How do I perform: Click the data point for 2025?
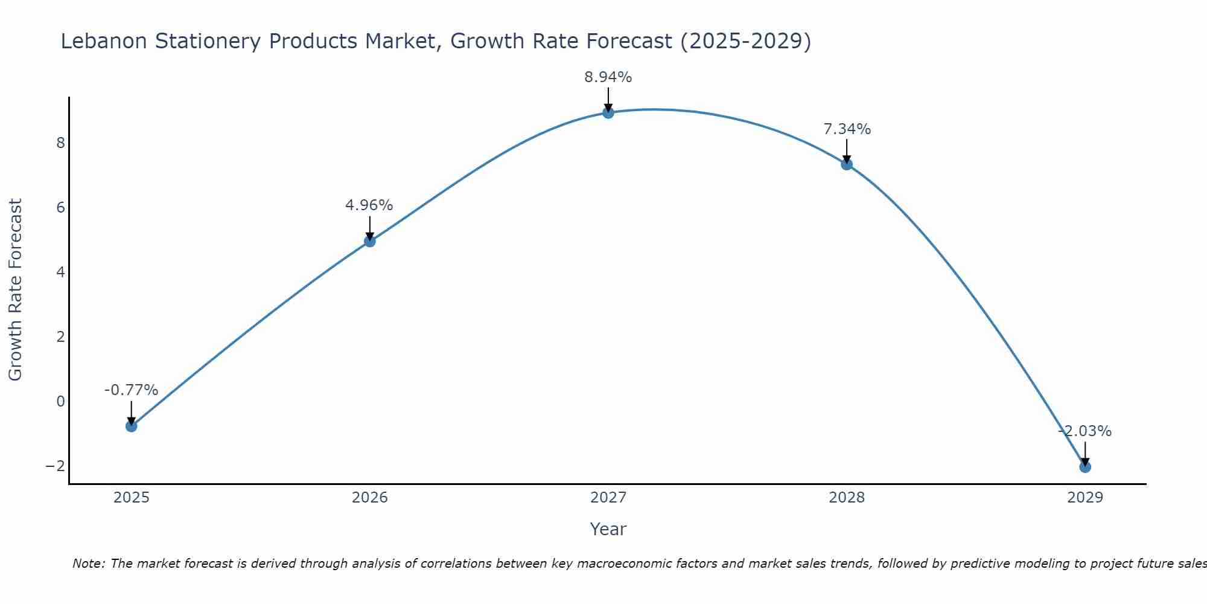pyautogui.click(x=131, y=426)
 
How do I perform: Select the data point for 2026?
pyautogui.click(x=370, y=241)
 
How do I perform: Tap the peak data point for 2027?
pyautogui.click(x=608, y=112)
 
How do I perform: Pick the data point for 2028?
pyautogui.click(x=847, y=164)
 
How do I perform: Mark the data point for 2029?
pyautogui.click(x=1085, y=467)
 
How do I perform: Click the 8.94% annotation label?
pyautogui.click(x=608, y=77)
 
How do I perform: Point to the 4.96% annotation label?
pyautogui.click(x=369, y=205)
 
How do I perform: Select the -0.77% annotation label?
pyautogui.click(x=131, y=390)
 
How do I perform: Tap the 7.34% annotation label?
pyautogui.click(x=847, y=129)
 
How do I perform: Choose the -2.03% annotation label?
pyautogui.click(x=1085, y=431)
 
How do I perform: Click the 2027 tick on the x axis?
pyautogui.click(x=608, y=498)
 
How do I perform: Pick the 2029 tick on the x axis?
pyautogui.click(x=1085, y=498)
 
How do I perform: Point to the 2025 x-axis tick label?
pyautogui.click(x=132, y=498)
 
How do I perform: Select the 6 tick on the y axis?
pyautogui.click(x=60, y=207)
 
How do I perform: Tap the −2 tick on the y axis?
pyautogui.click(x=56, y=466)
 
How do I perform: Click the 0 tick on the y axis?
pyautogui.click(x=60, y=401)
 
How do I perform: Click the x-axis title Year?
pyautogui.click(x=608, y=529)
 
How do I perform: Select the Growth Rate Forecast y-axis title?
pyautogui.click(x=15, y=290)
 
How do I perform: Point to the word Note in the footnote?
pyautogui.click(x=89, y=564)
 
